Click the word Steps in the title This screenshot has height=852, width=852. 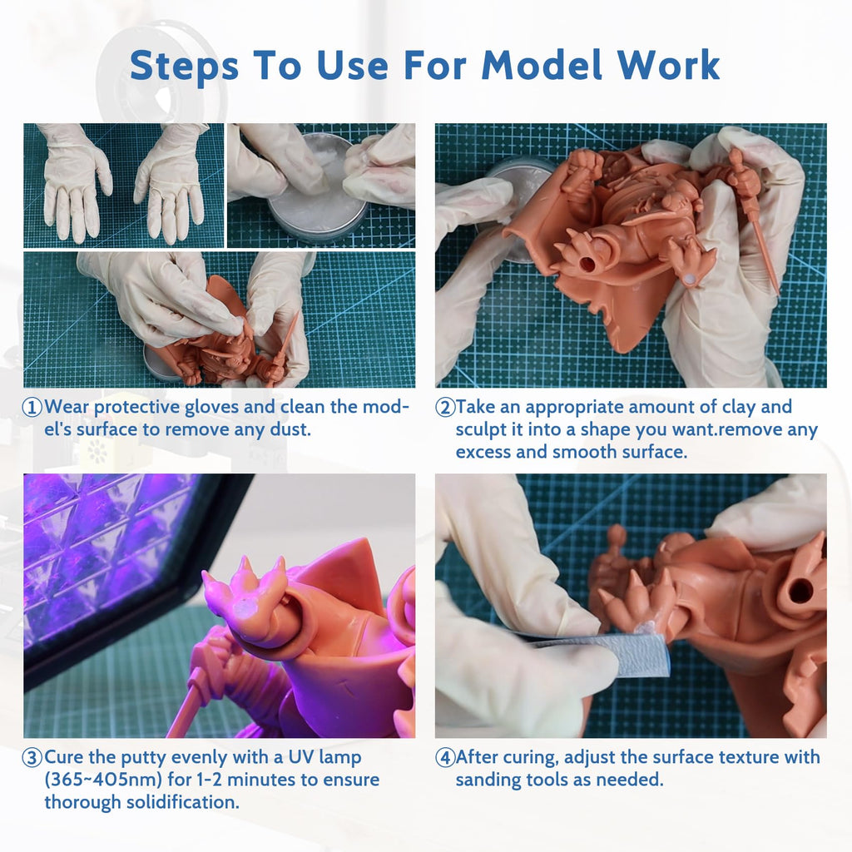pos(184,65)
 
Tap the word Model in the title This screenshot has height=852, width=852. pos(542,65)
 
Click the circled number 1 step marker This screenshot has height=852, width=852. pos(32,407)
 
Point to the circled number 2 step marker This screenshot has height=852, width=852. pos(445,407)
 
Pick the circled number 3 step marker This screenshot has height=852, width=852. pos(32,757)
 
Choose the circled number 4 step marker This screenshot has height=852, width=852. pos(445,757)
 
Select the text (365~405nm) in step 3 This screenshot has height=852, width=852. pos(103,780)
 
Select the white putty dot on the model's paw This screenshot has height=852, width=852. pos(691,278)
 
